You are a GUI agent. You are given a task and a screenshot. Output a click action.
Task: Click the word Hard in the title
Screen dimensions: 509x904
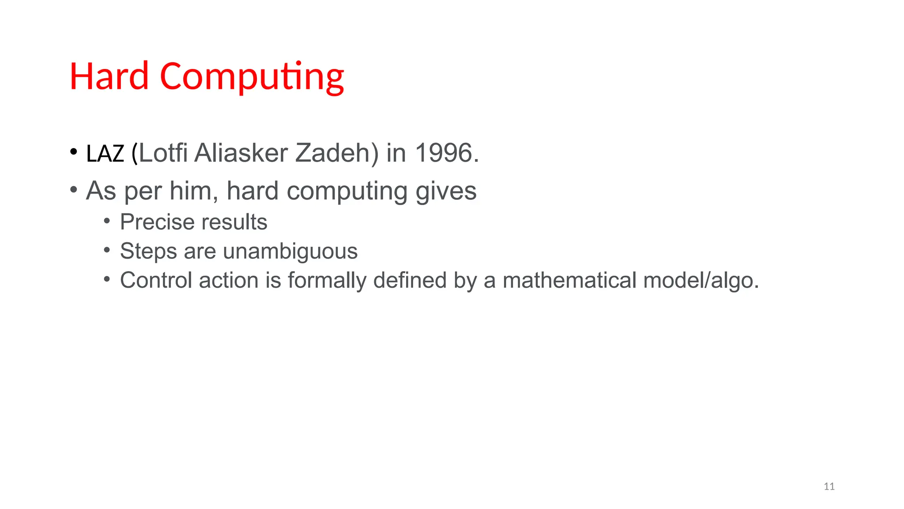(109, 76)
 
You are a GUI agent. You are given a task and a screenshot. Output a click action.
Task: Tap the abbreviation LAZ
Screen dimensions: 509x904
(105, 154)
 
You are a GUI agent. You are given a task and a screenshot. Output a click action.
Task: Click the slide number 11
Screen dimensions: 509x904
(829, 486)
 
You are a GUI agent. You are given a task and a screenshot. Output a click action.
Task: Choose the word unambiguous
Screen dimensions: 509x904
(290, 251)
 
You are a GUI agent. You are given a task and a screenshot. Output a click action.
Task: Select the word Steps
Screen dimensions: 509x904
(148, 251)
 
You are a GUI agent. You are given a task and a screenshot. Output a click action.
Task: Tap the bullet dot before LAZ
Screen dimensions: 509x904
(74, 152)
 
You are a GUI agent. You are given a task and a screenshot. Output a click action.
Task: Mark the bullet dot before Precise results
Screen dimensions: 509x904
(107, 220)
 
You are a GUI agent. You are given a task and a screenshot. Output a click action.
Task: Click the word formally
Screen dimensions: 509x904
(327, 280)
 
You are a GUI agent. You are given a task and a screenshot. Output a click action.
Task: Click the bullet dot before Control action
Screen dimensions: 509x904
(107, 279)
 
